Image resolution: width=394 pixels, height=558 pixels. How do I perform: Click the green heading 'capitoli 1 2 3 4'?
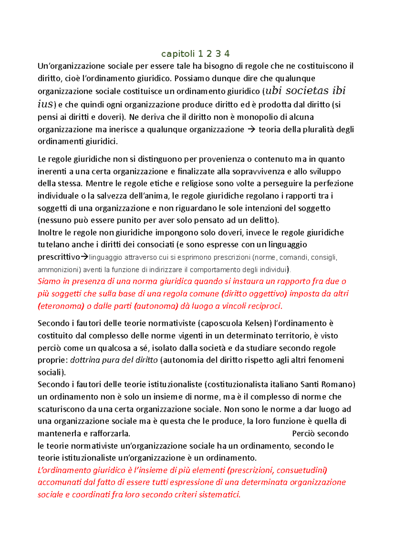195,54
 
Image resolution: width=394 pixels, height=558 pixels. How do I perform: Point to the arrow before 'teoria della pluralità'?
251,129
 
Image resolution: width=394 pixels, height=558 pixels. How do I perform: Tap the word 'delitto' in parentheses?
263,220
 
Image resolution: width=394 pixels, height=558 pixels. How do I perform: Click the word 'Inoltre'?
50,233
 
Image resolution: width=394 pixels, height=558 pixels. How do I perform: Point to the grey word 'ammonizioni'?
59,270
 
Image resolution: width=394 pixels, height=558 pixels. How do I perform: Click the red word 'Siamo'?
49,281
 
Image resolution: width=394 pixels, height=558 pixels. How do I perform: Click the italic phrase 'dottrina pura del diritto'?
114,360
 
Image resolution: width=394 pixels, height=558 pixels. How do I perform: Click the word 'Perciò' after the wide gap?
303,434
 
